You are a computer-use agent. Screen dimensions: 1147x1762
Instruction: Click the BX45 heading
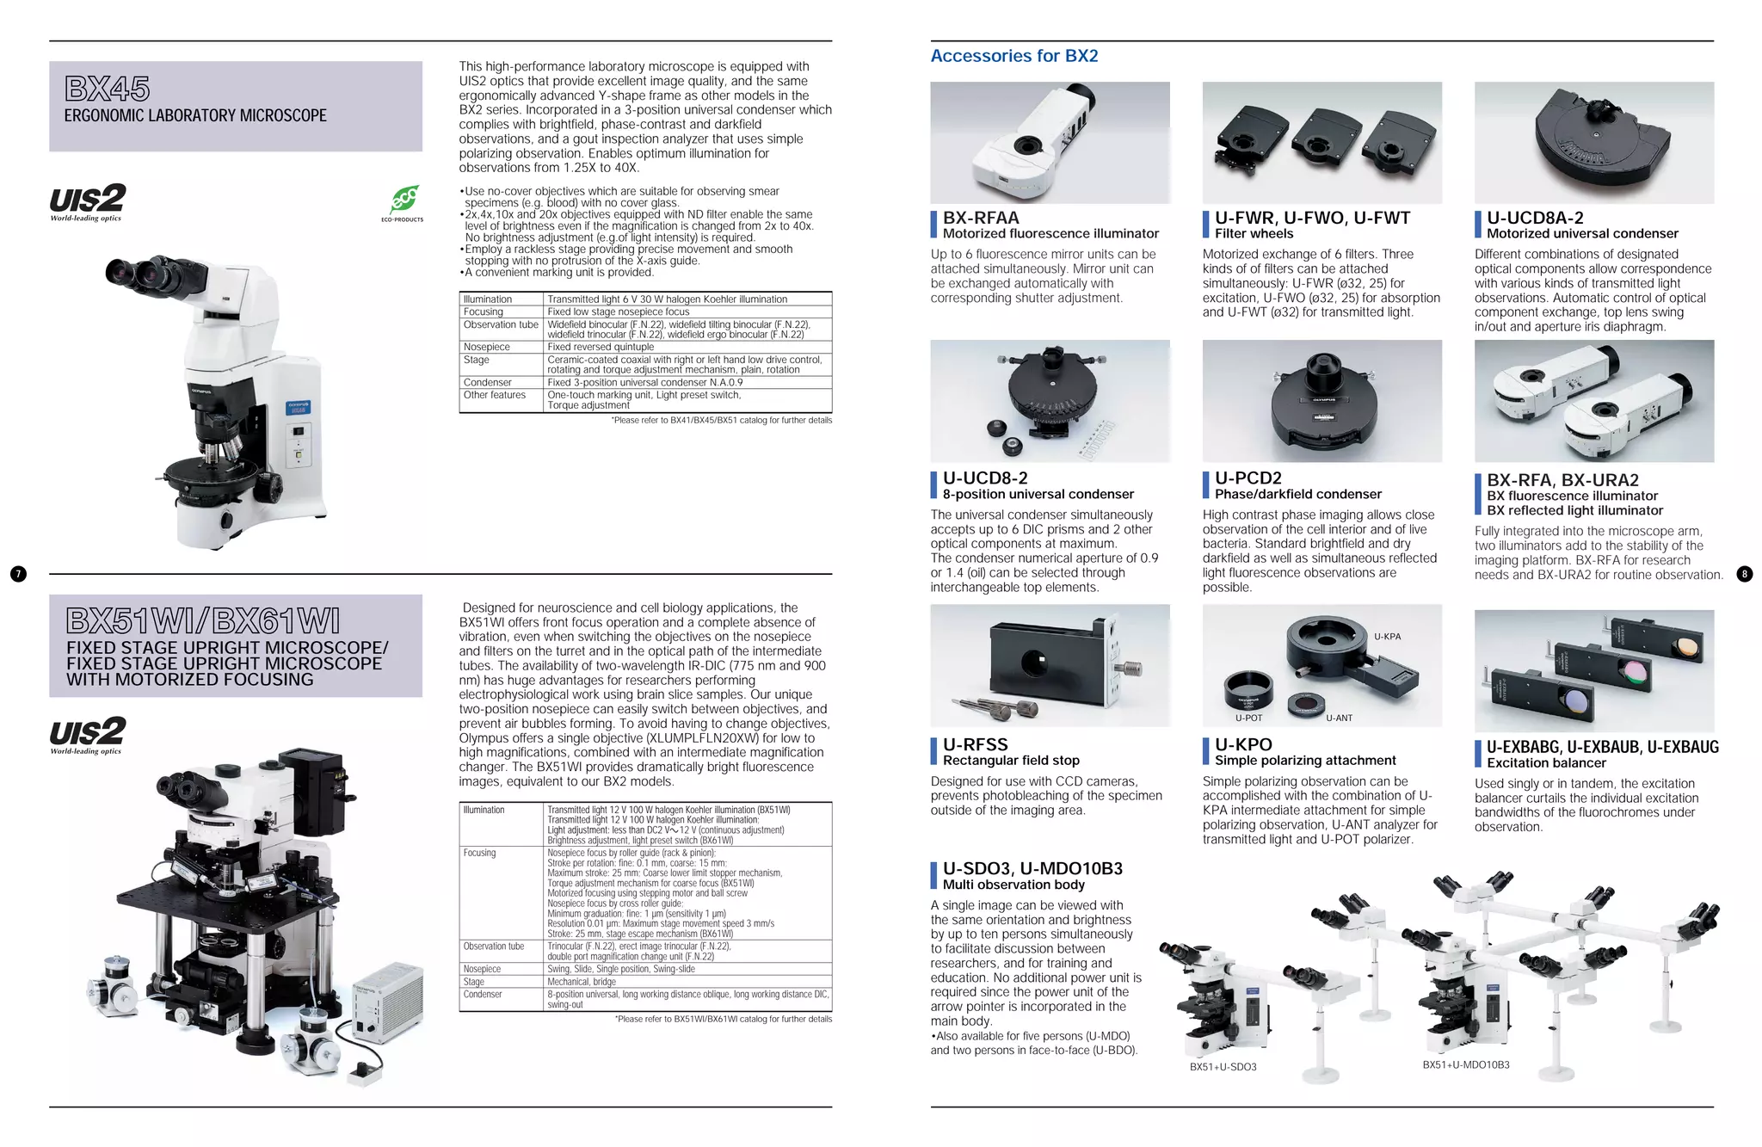click(x=108, y=89)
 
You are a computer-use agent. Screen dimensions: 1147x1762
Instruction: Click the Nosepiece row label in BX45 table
click(x=486, y=347)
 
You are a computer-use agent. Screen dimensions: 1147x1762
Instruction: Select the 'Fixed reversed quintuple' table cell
click(x=601, y=347)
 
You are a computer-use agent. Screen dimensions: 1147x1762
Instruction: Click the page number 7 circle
click(x=18, y=574)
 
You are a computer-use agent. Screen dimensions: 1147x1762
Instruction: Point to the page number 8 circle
click(x=1744, y=574)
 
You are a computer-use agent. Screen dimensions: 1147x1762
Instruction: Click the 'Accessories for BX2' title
click(x=1013, y=56)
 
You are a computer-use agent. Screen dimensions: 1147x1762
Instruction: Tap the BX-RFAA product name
click(x=981, y=218)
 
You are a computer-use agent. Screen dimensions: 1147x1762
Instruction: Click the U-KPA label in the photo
click(x=1387, y=637)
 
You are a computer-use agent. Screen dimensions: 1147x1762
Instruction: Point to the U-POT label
click(x=1248, y=718)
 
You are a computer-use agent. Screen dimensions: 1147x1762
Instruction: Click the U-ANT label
click(x=1339, y=718)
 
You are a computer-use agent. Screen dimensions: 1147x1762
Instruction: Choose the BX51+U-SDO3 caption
click(x=1223, y=1067)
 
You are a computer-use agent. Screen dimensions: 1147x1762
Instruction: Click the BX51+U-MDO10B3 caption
click(x=1465, y=1064)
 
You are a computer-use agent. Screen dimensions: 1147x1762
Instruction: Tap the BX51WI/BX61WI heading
click(x=203, y=620)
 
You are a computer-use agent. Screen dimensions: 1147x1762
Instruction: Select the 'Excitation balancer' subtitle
click(x=1546, y=763)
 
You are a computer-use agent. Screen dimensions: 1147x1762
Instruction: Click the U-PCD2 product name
click(x=1248, y=478)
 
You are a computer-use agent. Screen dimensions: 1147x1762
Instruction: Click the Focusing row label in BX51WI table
click(x=479, y=853)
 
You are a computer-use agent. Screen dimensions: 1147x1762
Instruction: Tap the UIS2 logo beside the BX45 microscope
click(x=87, y=201)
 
